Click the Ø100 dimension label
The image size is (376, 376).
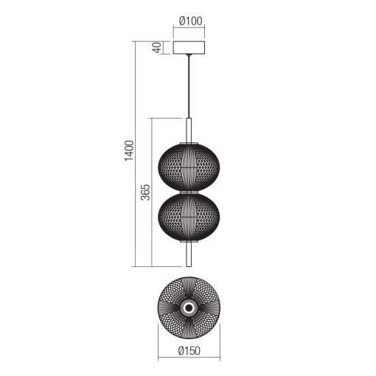point(191,21)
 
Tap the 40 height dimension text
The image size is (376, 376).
point(157,48)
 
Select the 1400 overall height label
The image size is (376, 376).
point(129,150)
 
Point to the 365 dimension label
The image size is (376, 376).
point(145,192)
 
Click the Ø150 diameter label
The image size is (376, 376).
point(189,351)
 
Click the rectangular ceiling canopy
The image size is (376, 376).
point(189,48)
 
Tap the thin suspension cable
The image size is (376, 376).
point(189,86)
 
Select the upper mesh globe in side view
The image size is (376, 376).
point(189,167)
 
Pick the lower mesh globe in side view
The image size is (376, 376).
point(189,217)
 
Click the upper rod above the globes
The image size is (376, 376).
point(189,130)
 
